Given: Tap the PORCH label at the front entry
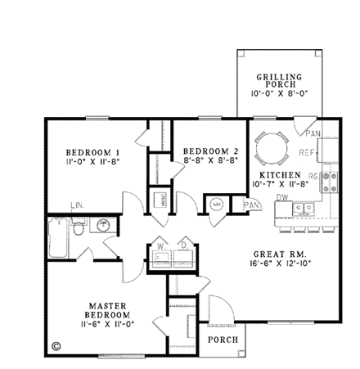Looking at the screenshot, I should point(222,339).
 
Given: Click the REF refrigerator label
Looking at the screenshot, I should point(308,153).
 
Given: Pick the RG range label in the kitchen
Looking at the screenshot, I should point(313,176).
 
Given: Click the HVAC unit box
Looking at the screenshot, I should point(160,199).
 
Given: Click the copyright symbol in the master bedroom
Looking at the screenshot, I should point(56,345).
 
